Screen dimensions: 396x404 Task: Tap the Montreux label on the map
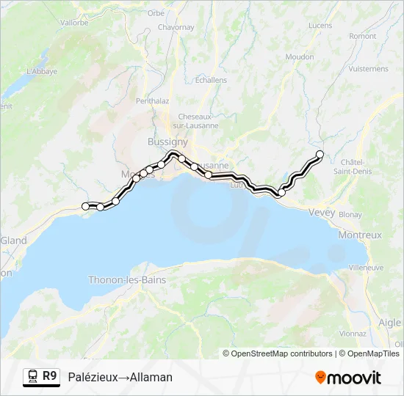tap(360, 235)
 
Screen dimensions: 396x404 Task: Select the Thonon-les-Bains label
tap(126, 280)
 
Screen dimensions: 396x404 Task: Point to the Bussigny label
tap(167, 142)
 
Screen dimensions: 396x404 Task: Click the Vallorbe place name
tap(73, 23)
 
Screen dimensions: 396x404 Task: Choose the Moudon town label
tap(300, 56)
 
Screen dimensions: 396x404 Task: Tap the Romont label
tap(363, 36)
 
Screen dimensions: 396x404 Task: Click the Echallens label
tap(212, 80)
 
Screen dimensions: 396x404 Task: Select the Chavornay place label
tap(176, 27)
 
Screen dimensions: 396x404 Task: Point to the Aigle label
tap(389, 323)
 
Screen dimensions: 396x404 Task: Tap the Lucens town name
tap(320, 26)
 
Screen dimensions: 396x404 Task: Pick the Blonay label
tap(350, 215)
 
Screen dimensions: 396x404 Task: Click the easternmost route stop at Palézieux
tap(320, 154)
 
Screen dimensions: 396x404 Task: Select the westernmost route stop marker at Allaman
tap(85, 207)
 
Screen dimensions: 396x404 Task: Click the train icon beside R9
tap(33, 377)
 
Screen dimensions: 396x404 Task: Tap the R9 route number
tap(49, 376)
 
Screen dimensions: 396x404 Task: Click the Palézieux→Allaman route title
tap(120, 377)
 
